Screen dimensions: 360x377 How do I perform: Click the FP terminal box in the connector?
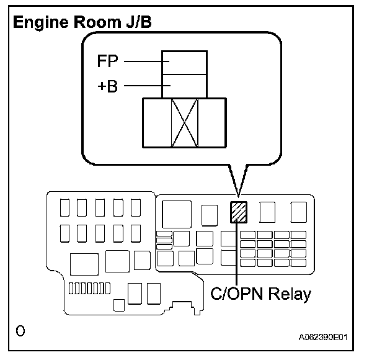[x=184, y=62]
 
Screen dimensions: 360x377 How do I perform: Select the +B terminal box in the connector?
[x=184, y=86]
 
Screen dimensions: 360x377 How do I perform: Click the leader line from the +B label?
[x=143, y=85]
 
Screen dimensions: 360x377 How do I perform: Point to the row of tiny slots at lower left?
[x=89, y=288]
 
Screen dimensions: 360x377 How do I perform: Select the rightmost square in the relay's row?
[x=298, y=212]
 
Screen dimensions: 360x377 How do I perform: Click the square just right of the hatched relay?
[x=268, y=212]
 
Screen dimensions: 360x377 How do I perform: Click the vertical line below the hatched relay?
[x=236, y=254]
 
